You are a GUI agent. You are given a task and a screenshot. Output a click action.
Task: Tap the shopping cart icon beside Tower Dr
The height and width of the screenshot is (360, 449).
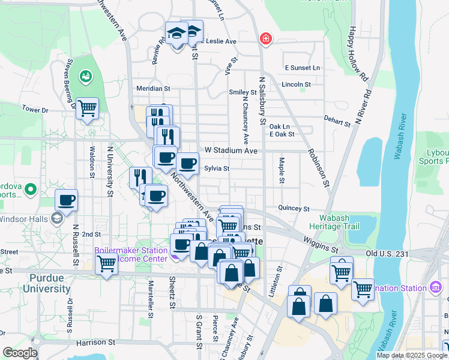88,109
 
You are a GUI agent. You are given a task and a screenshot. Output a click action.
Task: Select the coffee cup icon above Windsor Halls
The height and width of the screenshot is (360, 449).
67,200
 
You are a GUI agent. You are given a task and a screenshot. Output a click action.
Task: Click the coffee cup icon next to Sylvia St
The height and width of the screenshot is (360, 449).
187,163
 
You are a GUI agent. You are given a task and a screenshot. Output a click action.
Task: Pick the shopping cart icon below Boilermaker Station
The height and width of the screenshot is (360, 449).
107,263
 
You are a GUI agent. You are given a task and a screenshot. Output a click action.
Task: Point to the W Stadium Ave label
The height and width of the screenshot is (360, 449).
231,150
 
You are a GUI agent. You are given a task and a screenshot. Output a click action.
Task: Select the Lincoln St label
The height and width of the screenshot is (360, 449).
296,85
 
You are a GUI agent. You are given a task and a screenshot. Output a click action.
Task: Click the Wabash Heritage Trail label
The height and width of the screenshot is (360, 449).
334,222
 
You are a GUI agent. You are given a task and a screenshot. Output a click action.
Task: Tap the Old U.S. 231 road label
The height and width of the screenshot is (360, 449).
387,254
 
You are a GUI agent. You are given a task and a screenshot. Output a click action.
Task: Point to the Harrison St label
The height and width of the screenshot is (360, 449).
95,342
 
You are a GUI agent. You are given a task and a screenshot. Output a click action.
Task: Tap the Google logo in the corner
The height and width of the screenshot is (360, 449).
20,353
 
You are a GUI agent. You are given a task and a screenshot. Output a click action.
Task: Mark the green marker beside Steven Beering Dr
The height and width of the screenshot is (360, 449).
88,76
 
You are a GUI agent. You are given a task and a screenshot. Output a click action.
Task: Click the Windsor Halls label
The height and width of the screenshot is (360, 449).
24,218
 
